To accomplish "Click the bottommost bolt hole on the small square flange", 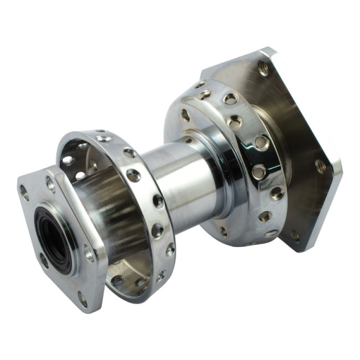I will (82, 299).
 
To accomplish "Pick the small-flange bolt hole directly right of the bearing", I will (89, 253).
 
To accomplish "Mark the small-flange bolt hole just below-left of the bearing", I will (44, 261).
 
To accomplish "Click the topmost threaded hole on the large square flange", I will (263, 68).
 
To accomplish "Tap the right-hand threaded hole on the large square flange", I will (321, 166).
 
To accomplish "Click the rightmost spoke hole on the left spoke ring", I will (171, 249).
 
